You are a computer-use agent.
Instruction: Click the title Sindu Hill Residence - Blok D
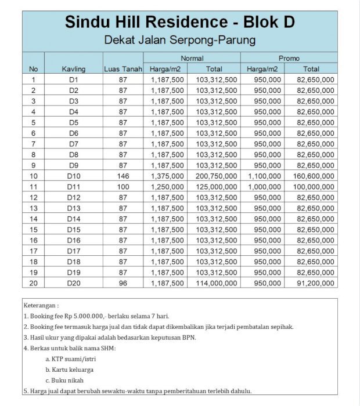tap(179, 22)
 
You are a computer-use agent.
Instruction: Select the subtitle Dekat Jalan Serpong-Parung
tap(179, 41)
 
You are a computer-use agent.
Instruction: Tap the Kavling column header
tap(74, 69)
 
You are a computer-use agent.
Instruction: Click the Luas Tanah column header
tap(123, 69)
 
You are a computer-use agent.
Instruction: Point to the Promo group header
tap(289, 58)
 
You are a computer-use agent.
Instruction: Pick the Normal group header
tap(192, 58)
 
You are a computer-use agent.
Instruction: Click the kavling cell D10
tap(74, 176)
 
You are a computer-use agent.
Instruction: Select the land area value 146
tap(123, 176)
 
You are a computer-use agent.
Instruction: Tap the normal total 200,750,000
tap(217, 176)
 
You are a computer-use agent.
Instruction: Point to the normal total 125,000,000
tap(217, 187)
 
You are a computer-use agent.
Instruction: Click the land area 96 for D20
tap(123, 283)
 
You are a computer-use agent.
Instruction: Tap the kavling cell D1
tap(74, 79)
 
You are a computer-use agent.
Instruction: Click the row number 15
tap(34, 230)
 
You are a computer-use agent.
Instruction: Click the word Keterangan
tap(41, 304)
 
